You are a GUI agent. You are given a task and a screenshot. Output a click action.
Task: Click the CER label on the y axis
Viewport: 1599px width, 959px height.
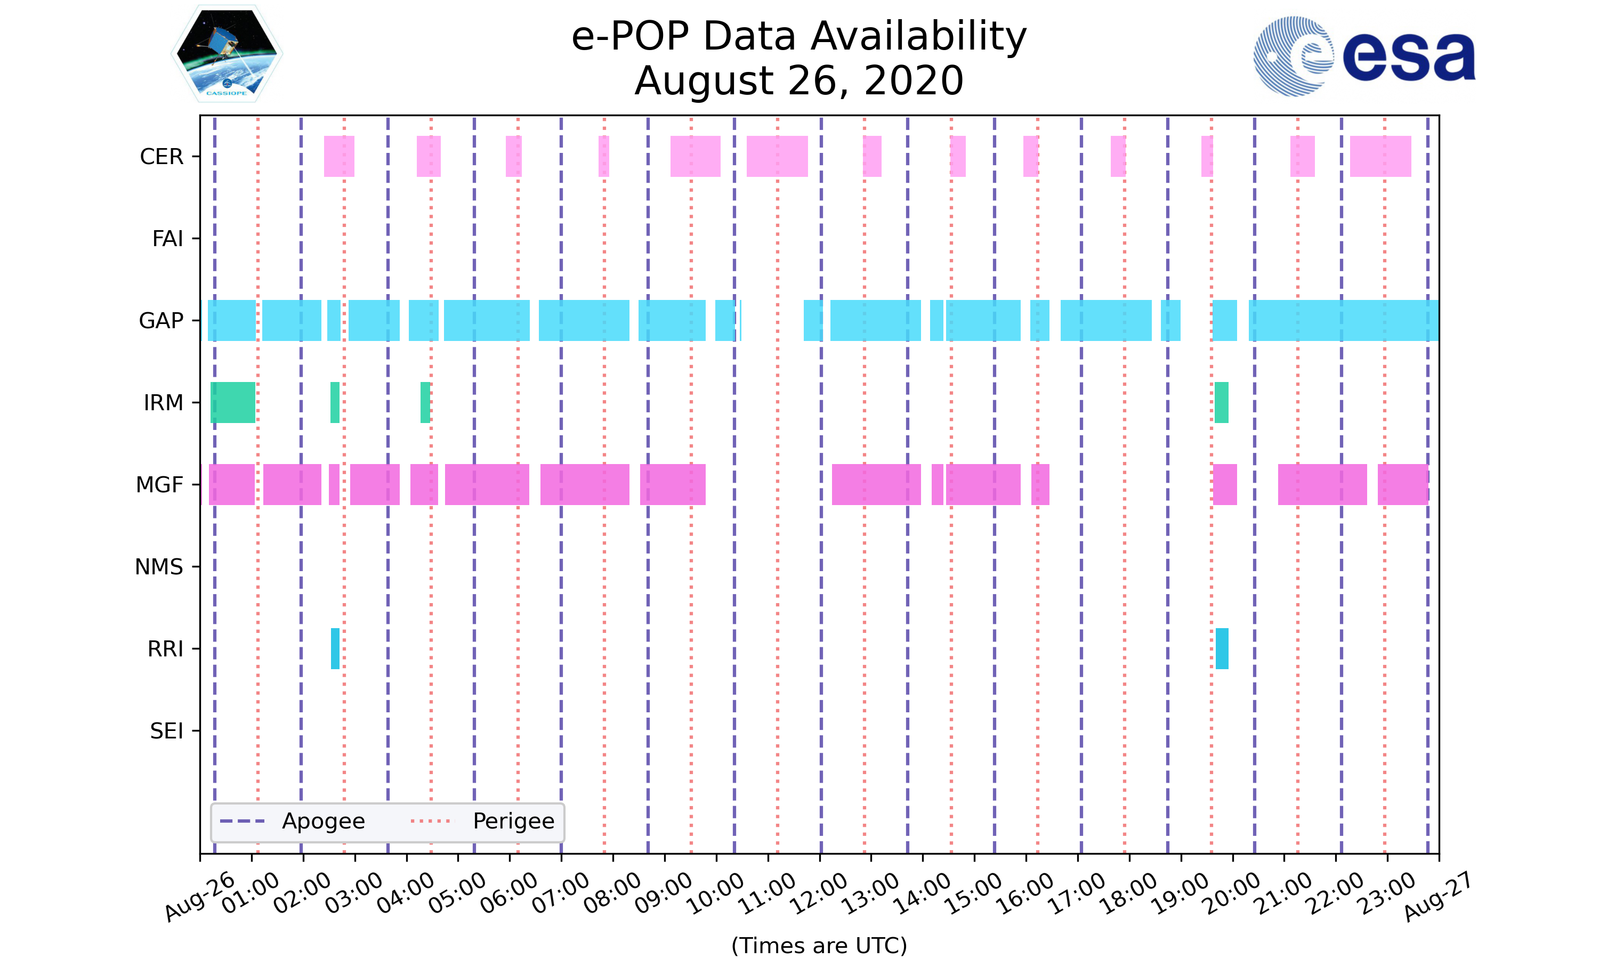161,157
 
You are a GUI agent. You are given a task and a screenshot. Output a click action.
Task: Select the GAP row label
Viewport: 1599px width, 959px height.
161,321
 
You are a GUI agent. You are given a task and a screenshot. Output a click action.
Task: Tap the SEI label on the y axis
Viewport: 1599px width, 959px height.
167,731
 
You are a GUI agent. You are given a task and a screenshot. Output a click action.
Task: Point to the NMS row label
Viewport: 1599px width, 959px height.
159,567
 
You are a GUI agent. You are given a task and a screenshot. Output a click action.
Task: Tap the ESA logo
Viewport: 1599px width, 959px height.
1364,57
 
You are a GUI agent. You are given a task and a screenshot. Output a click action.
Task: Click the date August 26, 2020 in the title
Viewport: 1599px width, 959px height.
799,81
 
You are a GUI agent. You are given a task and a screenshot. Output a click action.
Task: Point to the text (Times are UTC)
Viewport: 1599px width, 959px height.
819,946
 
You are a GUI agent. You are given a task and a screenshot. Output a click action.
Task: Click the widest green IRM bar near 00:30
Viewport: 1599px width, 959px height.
233,403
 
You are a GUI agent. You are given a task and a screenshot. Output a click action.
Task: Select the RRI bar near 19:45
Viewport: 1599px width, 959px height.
1222,649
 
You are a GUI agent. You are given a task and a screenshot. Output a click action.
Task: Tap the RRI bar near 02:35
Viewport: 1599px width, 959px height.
335,649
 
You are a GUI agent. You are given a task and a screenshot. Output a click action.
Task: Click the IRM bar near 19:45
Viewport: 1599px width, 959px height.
1221,403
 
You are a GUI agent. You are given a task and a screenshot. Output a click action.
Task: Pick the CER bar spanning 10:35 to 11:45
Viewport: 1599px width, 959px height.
777,157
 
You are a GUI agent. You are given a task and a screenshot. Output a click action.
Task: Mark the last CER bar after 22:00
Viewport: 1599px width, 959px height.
1380,157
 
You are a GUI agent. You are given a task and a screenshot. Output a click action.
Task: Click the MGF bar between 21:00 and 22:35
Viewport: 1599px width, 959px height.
1322,485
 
